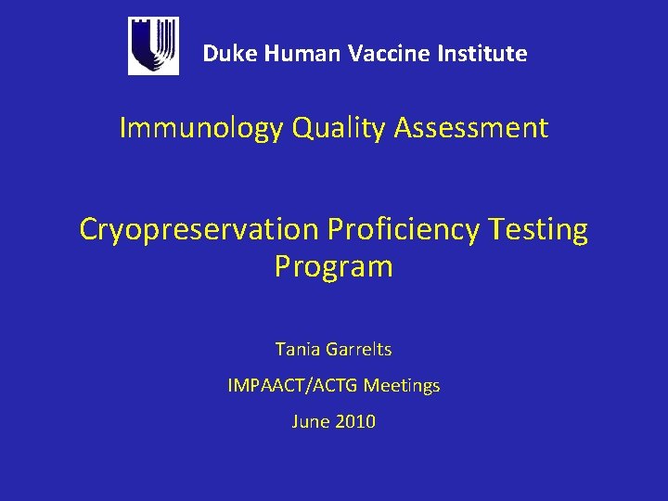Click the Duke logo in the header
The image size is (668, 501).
pyautogui.click(x=153, y=46)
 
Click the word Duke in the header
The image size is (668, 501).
pyautogui.click(x=230, y=54)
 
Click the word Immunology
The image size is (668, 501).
pyautogui.click(x=200, y=128)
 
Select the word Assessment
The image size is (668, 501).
pyautogui.click(x=471, y=128)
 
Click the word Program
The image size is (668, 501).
pyautogui.click(x=334, y=267)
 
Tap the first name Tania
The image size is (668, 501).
pyautogui.click(x=296, y=350)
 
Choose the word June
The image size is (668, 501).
pyautogui.click(x=309, y=421)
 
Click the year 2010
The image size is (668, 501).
pyautogui.click(x=355, y=421)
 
